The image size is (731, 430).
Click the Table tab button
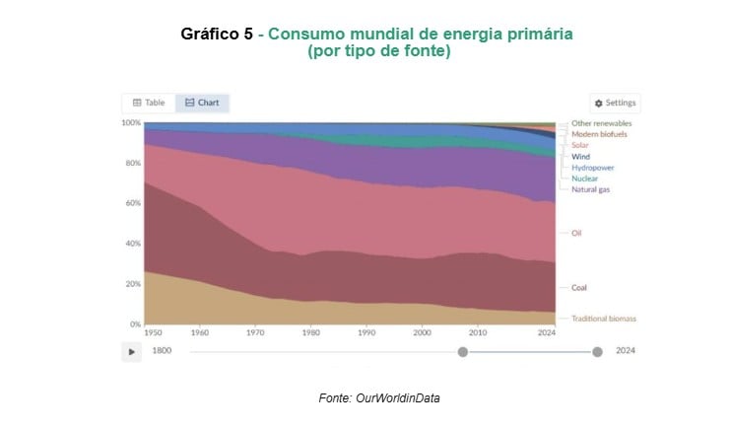point(149,103)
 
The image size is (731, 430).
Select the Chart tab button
point(202,103)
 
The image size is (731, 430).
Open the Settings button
point(616,103)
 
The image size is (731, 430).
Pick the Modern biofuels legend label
point(599,134)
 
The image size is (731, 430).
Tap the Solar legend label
point(580,145)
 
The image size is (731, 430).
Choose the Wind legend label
point(580,157)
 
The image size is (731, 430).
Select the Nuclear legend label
point(585,179)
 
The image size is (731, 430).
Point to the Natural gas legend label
point(590,189)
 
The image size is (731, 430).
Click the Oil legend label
point(576,233)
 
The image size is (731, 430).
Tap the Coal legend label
point(579,288)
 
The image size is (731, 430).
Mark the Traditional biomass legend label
point(604,319)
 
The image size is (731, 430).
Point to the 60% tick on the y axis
point(131,203)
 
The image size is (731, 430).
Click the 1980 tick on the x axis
point(310,333)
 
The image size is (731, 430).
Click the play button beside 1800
point(131,351)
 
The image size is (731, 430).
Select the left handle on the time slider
point(462,351)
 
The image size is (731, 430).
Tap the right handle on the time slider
point(597,351)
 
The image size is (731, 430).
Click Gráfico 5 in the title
point(219,35)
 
